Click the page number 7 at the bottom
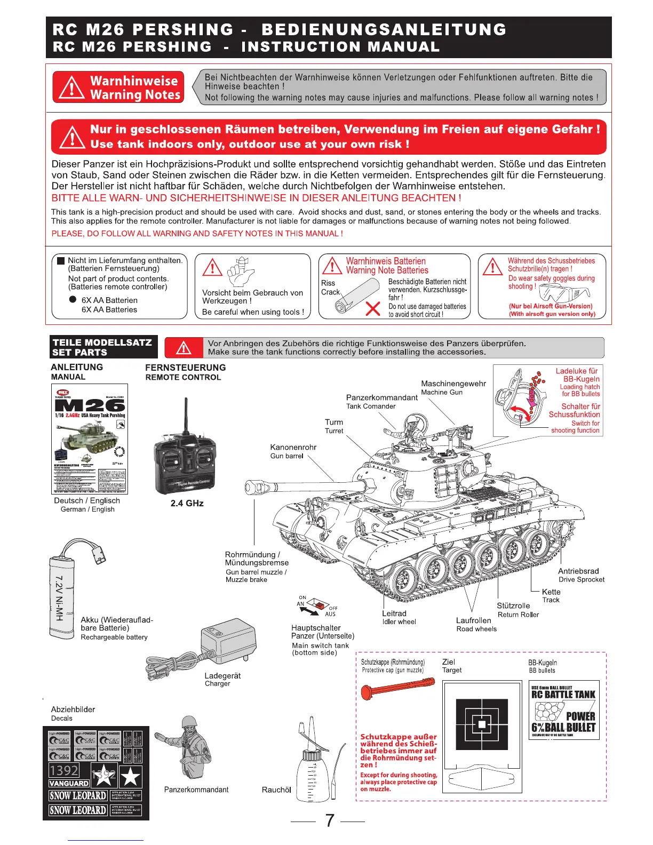click(329, 820)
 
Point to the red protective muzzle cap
click(397, 689)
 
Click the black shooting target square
click(482, 724)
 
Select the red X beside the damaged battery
click(373, 309)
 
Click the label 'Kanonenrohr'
click(293, 447)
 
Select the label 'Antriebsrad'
click(578, 571)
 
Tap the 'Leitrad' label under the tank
click(394, 613)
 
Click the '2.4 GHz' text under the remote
click(187, 503)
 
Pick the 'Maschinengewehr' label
click(453, 384)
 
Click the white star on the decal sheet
click(131, 776)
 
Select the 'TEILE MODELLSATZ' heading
click(102, 342)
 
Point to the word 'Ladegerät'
click(222, 675)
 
